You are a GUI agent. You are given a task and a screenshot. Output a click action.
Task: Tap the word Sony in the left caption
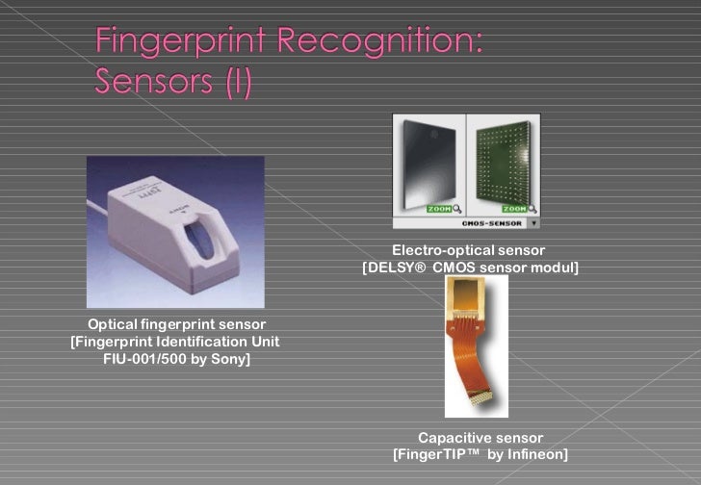[229, 359]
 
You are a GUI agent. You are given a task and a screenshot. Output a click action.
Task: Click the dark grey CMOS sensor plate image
[429, 164]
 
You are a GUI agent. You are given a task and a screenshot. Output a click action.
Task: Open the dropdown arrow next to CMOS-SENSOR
[533, 223]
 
